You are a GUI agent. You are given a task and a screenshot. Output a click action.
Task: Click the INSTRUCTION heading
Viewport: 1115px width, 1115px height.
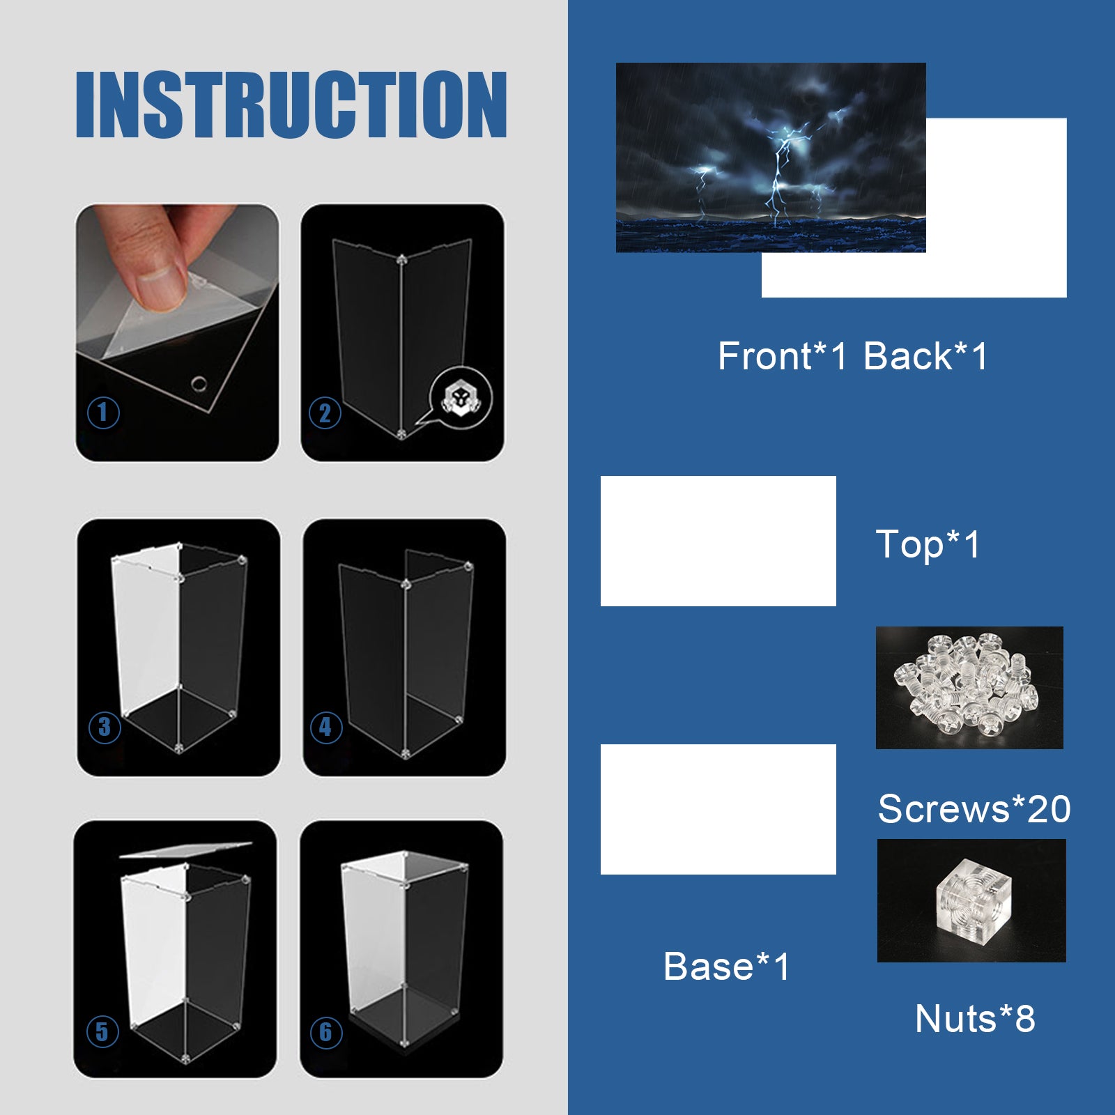[x=291, y=105]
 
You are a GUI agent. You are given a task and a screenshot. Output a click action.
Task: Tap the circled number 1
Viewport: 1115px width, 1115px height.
[x=103, y=413]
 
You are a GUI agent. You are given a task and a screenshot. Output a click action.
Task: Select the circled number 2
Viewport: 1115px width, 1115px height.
[x=325, y=413]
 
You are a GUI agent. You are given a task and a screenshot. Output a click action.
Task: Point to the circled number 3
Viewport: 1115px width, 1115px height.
[x=105, y=727]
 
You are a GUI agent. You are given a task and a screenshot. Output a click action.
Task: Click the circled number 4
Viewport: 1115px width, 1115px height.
[x=325, y=727]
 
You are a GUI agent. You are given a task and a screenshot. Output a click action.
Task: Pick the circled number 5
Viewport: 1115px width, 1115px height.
[x=102, y=1031]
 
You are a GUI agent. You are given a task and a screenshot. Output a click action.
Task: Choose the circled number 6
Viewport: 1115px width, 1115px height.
[x=325, y=1032]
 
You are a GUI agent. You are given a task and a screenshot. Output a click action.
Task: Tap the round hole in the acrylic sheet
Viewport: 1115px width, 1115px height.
[x=199, y=383]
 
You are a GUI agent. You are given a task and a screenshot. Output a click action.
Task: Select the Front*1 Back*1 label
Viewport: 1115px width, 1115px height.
[x=853, y=356]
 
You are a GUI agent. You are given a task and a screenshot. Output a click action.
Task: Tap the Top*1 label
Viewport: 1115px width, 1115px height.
[x=928, y=544]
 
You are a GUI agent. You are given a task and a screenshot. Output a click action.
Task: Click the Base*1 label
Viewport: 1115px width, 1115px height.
[x=727, y=967]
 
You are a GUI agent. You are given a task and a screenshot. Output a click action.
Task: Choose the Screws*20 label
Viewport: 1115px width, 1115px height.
[x=974, y=809]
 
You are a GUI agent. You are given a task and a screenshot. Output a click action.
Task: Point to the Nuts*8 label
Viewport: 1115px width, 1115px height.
[x=975, y=1019]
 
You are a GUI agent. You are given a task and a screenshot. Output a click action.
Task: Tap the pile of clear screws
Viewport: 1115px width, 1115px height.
[x=963, y=684]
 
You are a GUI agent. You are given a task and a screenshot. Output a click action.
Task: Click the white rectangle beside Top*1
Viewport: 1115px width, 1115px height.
[x=718, y=541]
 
